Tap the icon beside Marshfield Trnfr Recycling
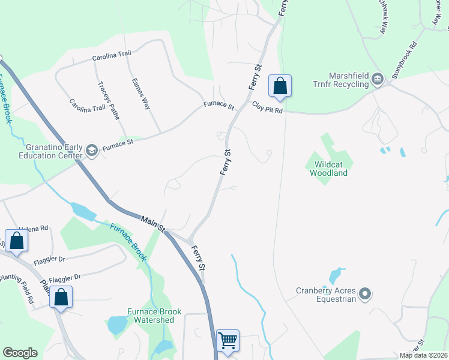pos(378,79)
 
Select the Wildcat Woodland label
pos(328,169)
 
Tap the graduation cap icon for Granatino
pos(91,150)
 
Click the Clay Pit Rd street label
pos(267,107)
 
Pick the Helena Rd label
pos(33,229)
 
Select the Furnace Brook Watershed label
pos(150,316)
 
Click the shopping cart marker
pos(228,341)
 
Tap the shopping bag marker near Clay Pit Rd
pos(280,86)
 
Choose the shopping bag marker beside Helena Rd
pos(17,241)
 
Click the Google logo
pos(20,353)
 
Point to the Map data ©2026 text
pos(423,355)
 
